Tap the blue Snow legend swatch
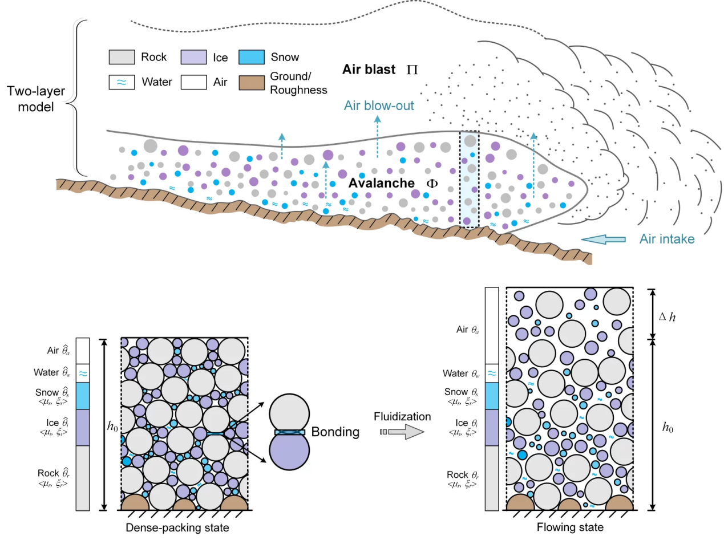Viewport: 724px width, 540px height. (x=251, y=57)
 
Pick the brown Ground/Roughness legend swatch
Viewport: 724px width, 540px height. (x=252, y=82)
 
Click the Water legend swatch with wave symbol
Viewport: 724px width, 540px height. (x=121, y=82)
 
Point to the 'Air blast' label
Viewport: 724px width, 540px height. (x=369, y=70)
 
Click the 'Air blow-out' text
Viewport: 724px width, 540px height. (x=378, y=105)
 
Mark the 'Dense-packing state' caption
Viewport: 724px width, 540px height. (x=177, y=528)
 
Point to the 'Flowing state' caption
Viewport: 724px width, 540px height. (x=570, y=528)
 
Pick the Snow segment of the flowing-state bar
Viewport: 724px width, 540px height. (x=491, y=396)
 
